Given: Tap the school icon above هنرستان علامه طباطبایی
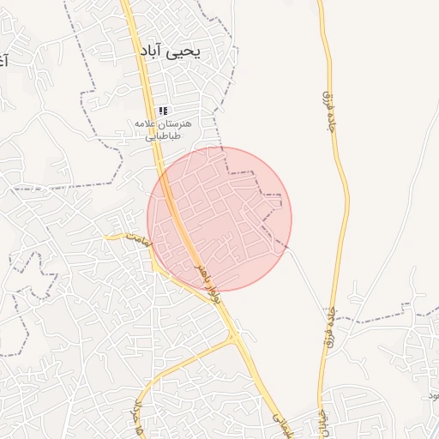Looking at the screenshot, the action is (x=163, y=111).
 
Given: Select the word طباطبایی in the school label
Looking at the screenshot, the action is (x=162, y=135).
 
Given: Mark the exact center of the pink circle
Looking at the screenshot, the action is (x=219, y=219).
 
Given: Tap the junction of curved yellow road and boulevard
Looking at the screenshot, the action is (x=234, y=337).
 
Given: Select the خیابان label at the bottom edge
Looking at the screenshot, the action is (x=323, y=417).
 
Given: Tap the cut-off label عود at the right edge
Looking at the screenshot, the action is (x=434, y=394).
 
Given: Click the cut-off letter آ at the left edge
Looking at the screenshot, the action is (x=3, y=62).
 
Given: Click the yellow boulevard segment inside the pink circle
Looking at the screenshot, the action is (x=181, y=225).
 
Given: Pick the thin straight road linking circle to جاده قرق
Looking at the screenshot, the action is (x=304, y=274).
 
